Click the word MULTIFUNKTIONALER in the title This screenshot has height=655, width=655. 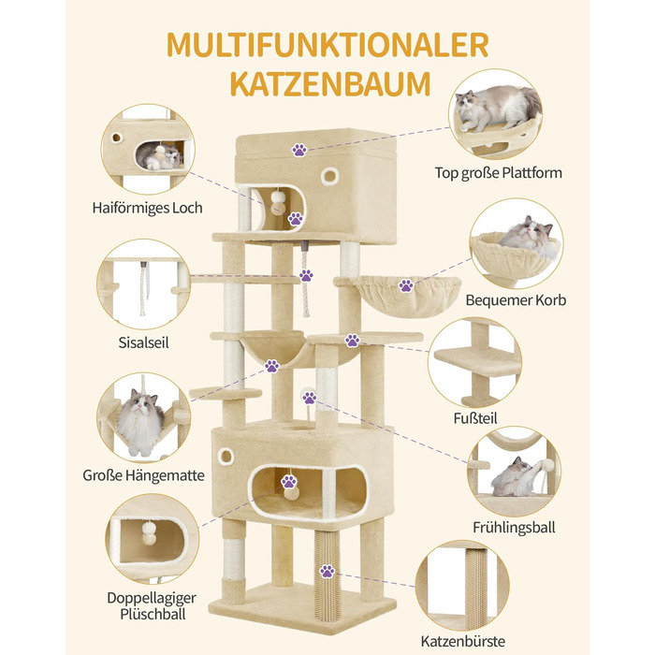[x=327, y=44]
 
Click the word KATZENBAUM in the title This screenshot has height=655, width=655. [x=327, y=81]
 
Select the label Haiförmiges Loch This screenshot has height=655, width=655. [x=148, y=208]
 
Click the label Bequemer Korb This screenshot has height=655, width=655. [x=516, y=300]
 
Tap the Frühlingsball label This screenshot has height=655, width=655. [x=515, y=527]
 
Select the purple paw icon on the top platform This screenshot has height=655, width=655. [x=299, y=149]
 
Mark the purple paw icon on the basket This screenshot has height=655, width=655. [x=406, y=285]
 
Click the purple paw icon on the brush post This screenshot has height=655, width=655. [x=327, y=571]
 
